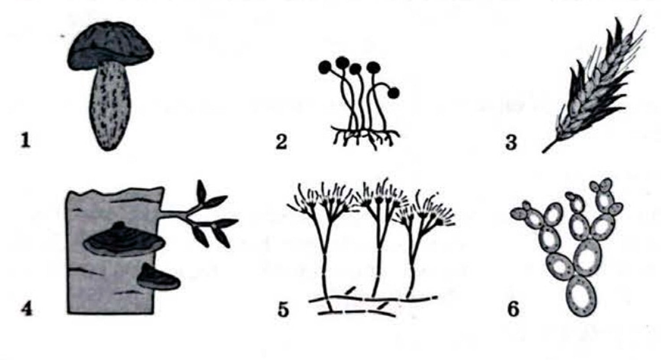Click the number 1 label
(x=26, y=141)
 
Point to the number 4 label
(x=26, y=309)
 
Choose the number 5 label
(x=283, y=310)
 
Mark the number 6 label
(x=513, y=309)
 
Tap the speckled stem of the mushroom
(x=110, y=106)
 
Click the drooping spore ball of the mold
(x=394, y=93)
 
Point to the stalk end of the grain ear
(x=543, y=152)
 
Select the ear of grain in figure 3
(x=593, y=85)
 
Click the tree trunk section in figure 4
(x=112, y=251)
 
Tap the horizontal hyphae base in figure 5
(x=373, y=305)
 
